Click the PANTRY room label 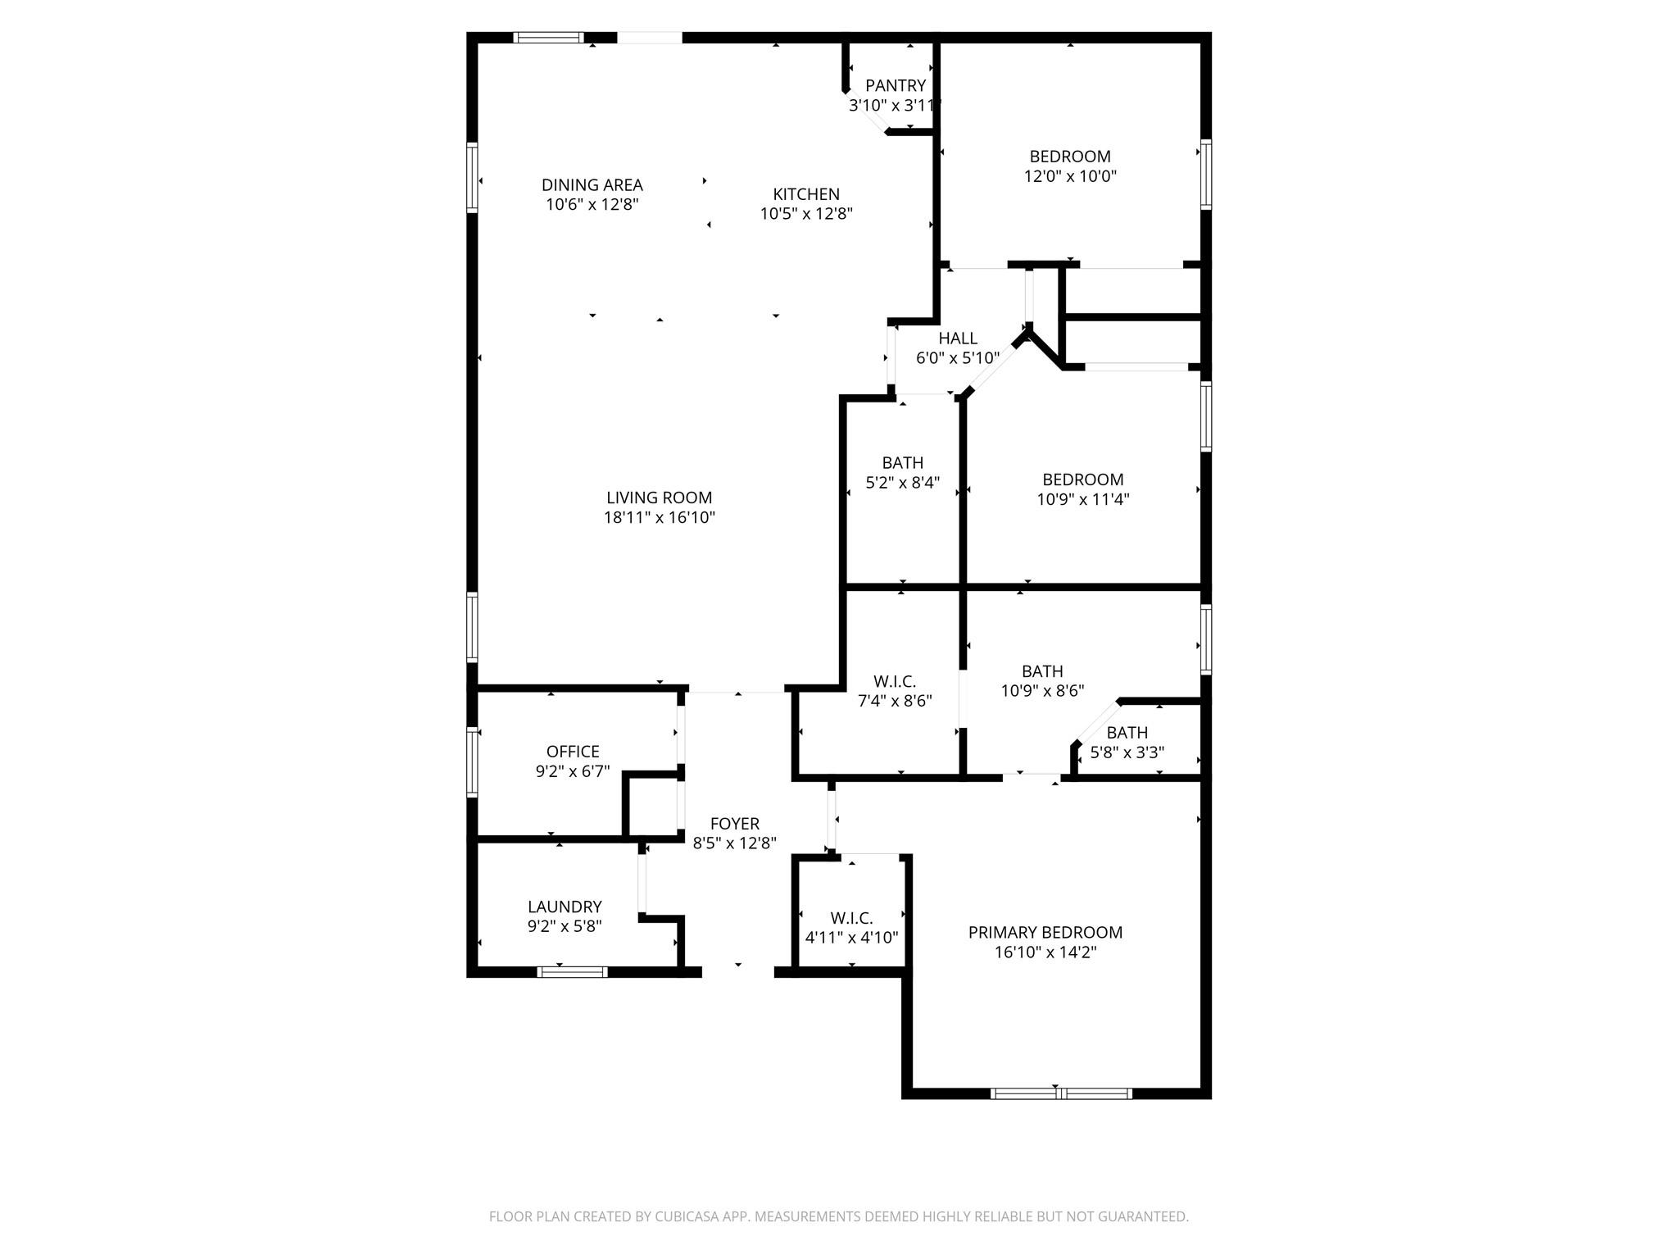896,86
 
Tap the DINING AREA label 592,185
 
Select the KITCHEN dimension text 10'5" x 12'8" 806,214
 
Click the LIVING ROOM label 659,498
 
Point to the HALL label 957,339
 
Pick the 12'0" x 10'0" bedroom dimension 1070,176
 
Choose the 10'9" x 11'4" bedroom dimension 1082,499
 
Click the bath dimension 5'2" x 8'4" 902,483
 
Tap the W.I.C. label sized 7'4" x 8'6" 895,681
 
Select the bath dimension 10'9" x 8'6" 1042,691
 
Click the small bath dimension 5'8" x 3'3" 1127,752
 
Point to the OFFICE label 573,752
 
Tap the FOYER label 734,824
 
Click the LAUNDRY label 565,907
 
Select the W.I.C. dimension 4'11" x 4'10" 851,938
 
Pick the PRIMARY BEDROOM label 1045,932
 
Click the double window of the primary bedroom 1061,1093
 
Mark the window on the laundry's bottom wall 572,972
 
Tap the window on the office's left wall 472,761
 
